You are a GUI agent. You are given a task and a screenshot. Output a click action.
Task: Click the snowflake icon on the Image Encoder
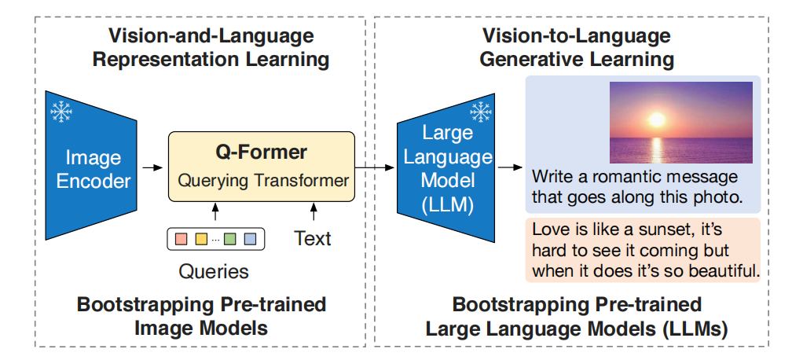coord(61,111)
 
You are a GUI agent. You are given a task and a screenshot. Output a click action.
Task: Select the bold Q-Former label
coord(261,152)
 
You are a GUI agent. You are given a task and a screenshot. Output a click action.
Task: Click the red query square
coord(181,239)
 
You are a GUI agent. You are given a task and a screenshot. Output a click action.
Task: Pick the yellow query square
coord(201,239)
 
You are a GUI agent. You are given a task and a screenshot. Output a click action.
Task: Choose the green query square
coord(230,239)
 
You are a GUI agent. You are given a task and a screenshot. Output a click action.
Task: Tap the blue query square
coord(250,239)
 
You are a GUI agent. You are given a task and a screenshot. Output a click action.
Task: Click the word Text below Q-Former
coord(313,239)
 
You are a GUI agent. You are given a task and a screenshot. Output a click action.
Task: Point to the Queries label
coord(214,272)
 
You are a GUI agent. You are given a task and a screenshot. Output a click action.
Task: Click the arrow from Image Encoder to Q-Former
coord(152,167)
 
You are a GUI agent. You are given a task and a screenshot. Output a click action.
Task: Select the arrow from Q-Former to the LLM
coord(376,167)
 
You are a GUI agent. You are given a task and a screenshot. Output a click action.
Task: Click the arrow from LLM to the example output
coord(510,167)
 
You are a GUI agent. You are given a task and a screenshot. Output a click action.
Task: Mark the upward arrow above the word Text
coord(313,212)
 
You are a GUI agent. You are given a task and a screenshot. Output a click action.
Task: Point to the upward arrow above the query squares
coord(215,212)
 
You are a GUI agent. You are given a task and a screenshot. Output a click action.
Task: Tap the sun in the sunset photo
coord(656,119)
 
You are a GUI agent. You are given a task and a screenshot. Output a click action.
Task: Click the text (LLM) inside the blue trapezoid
coord(445,205)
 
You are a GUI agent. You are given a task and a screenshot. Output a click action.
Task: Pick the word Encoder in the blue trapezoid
coord(93,182)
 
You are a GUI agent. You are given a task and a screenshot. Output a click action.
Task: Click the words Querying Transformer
coord(263,181)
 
